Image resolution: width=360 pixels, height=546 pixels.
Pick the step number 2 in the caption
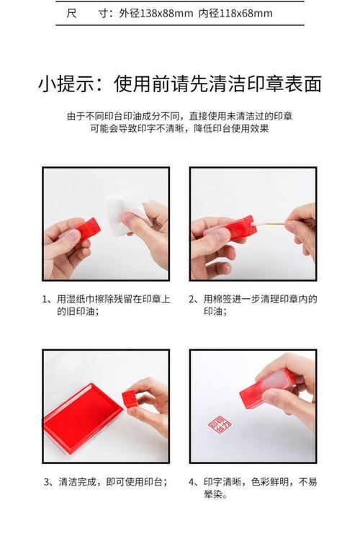192,299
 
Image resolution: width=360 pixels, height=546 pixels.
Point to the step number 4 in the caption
192,481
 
